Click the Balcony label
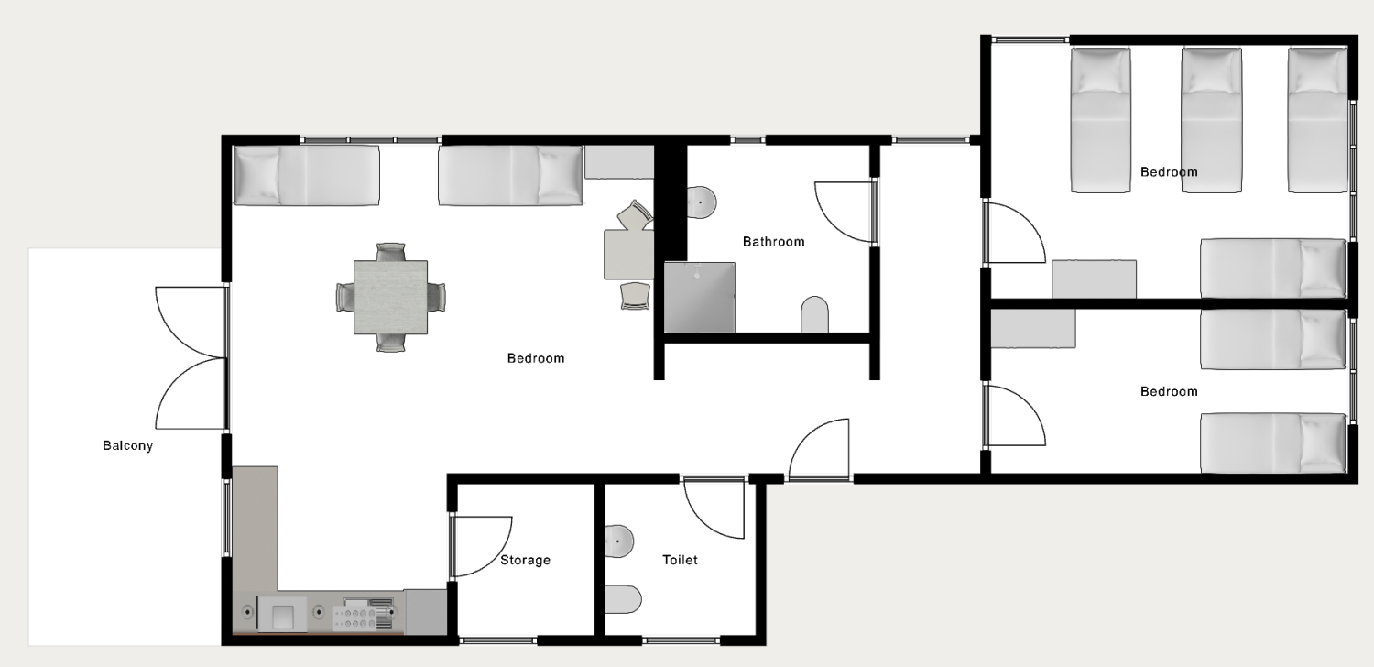pyautogui.click(x=127, y=445)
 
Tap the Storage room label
pyautogui.click(x=525, y=560)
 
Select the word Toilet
pyautogui.click(x=680, y=560)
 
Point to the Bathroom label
pyautogui.click(x=773, y=241)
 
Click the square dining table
pyautogui.click(x=391, y=298)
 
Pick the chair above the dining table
pyautogui.click(x=391, y=252)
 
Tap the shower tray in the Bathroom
pyautogui.click(x=700, y=298)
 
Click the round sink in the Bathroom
pyautogui.click(x=701, y=202)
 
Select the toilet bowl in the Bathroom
pyautogui.click(x=814, y=315)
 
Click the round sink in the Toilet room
pyautogui.click(x=619, y=541)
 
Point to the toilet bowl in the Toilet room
pyautogui.click(x=623, y=599)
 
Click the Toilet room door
pyautogui.click(x=714, y=508)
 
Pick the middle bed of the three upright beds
pyautogui.click(x=1212, y=120)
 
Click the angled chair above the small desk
pyautogui.click(x=635, y=215)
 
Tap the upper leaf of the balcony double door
pyautogui.click(x=191, y=323)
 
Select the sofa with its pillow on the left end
pyautogui.click(x=306, y=175)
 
